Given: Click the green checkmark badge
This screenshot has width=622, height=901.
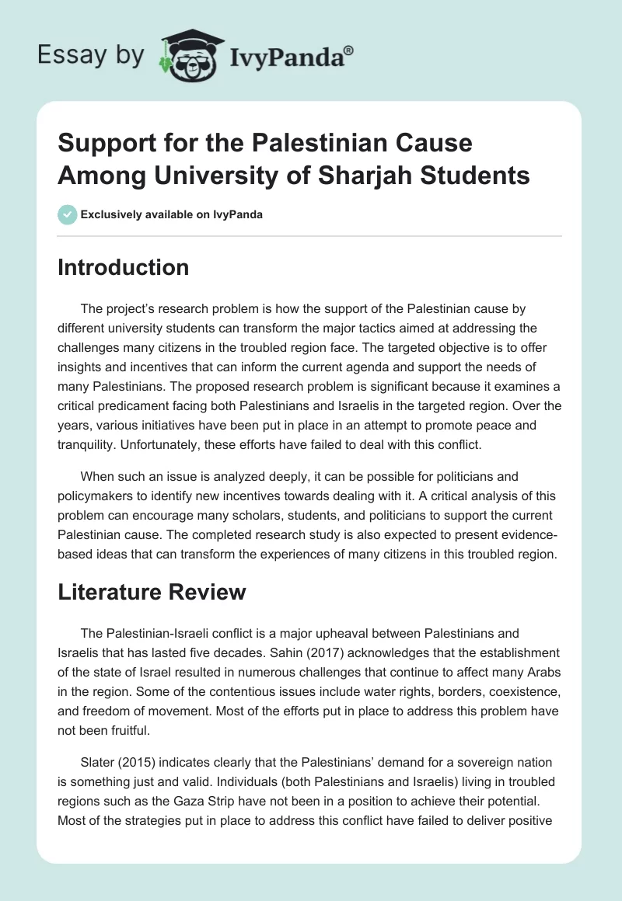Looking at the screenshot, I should point(67,214).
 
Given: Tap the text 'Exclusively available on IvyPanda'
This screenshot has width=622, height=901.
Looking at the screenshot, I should point(171,214).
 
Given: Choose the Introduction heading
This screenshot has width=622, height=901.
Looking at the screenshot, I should point(124,267).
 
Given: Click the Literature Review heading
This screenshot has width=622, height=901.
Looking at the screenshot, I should point(152,592).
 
